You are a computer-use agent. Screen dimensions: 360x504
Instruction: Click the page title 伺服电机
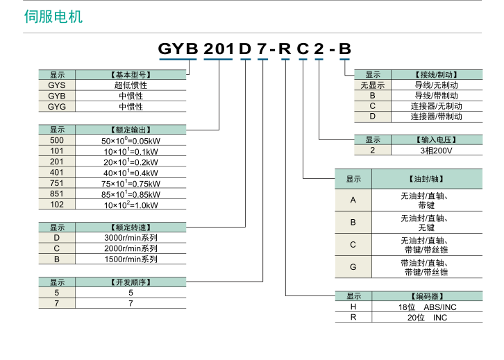click(x=53, y=16)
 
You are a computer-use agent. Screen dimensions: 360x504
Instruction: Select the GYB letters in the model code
click(x=178, y=49)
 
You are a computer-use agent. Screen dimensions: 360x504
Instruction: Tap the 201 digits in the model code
click(x=219, y=49)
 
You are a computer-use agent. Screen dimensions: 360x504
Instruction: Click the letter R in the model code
click(x=285, y=49)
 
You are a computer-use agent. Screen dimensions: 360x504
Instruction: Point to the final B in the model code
click(x=344, y=49)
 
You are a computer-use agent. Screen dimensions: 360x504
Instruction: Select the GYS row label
click(x=57, y=85)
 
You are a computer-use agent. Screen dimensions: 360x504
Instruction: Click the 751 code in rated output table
click(x=57, y=183)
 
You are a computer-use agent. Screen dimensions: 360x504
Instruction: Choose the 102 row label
click(x=57, y=205)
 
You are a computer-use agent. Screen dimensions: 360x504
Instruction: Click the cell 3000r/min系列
click(x=131, y=238)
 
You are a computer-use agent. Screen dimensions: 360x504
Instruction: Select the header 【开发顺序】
click(x=131, y=282)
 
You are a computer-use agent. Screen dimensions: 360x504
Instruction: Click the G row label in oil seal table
click(x=353, y=267)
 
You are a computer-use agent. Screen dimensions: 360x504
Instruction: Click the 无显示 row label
click(x=373, y=85)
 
